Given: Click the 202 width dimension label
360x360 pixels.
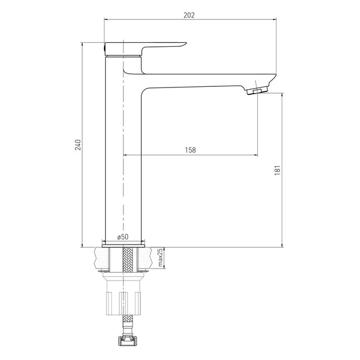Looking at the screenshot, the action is (x=189, y=15).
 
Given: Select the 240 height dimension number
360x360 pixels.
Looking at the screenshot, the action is (x=78, y=145).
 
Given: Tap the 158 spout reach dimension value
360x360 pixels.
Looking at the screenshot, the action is (x=190, y=150).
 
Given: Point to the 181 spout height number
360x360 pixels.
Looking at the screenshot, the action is (x=278, y=170).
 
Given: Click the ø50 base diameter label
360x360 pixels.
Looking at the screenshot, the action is (x=123, y=237).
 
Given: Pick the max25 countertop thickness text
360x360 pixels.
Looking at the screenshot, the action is (x=161, y=258).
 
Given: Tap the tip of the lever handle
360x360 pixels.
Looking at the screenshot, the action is (x=186, y=43).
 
